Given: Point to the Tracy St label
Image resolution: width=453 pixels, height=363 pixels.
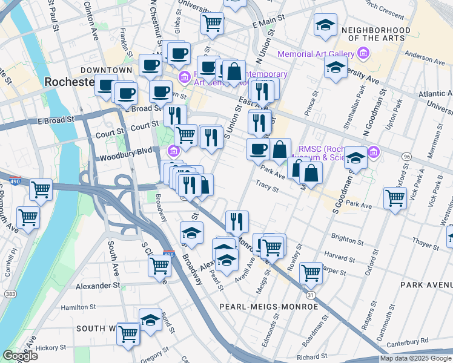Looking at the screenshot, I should [267, 187].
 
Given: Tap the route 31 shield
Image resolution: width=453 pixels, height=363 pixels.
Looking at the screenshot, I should [310, 295].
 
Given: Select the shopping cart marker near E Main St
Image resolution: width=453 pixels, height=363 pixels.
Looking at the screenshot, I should [213, 23].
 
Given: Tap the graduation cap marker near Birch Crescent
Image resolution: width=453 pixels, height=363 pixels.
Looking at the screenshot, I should [325, 25].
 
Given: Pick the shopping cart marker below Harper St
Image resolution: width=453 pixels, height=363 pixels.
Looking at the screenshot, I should [311, 272].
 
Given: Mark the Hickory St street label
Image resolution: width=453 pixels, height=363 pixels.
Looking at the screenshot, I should [50, 348].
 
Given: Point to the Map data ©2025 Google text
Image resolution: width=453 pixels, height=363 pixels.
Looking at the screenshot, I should [415, 358].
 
